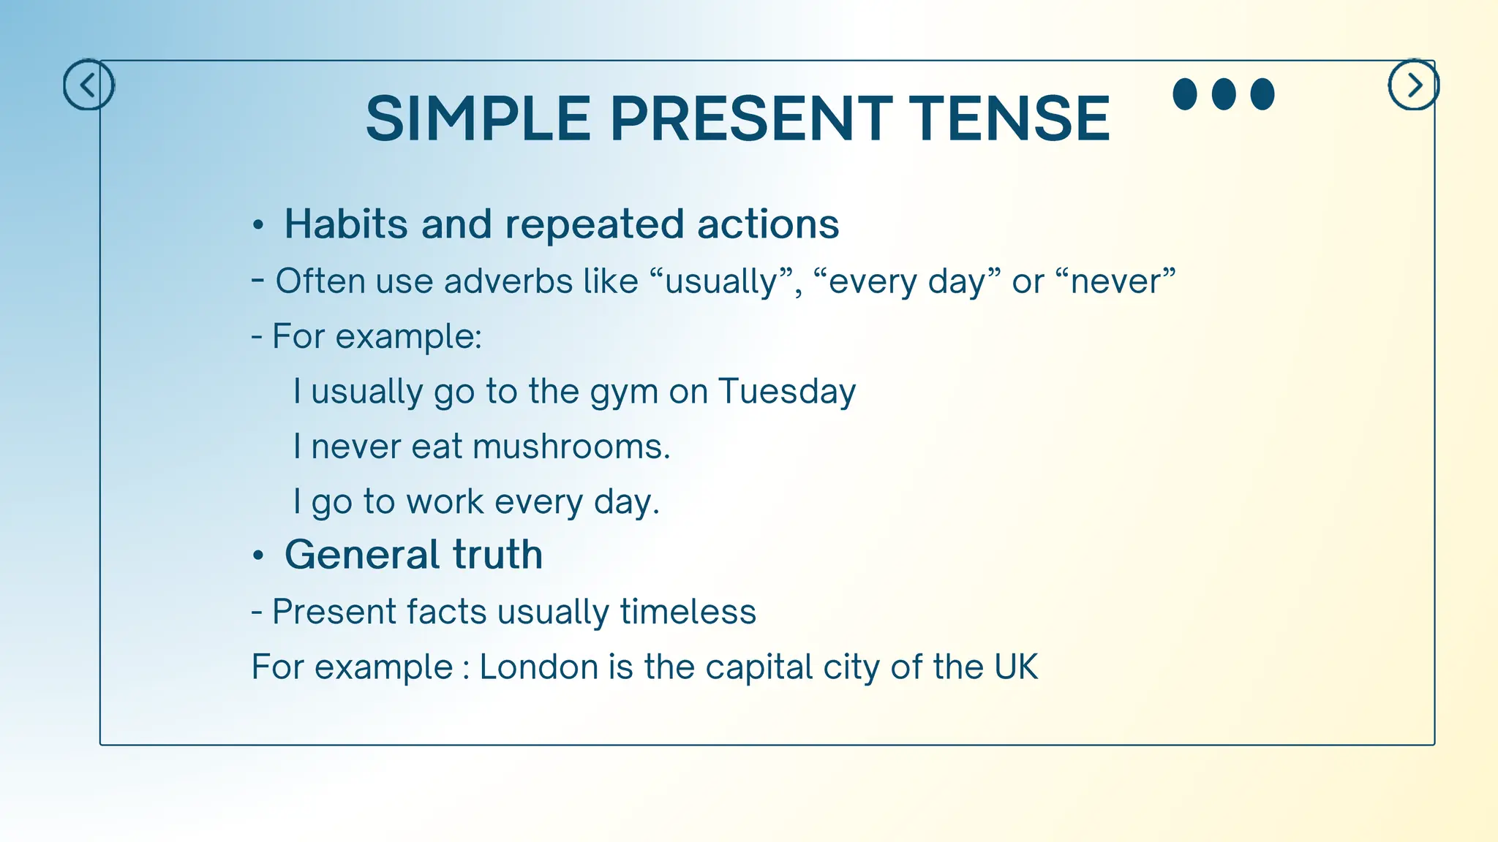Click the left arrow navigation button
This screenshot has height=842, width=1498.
89,86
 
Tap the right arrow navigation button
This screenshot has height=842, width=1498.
1413,86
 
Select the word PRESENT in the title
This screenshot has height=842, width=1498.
751,118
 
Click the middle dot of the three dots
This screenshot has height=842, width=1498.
1224,94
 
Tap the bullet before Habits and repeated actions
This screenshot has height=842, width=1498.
257,225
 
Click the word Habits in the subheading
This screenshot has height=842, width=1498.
346,224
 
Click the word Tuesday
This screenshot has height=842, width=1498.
786,392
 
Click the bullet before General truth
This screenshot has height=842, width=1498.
257,556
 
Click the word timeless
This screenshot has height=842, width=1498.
688,612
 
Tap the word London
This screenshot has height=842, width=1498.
538,667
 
